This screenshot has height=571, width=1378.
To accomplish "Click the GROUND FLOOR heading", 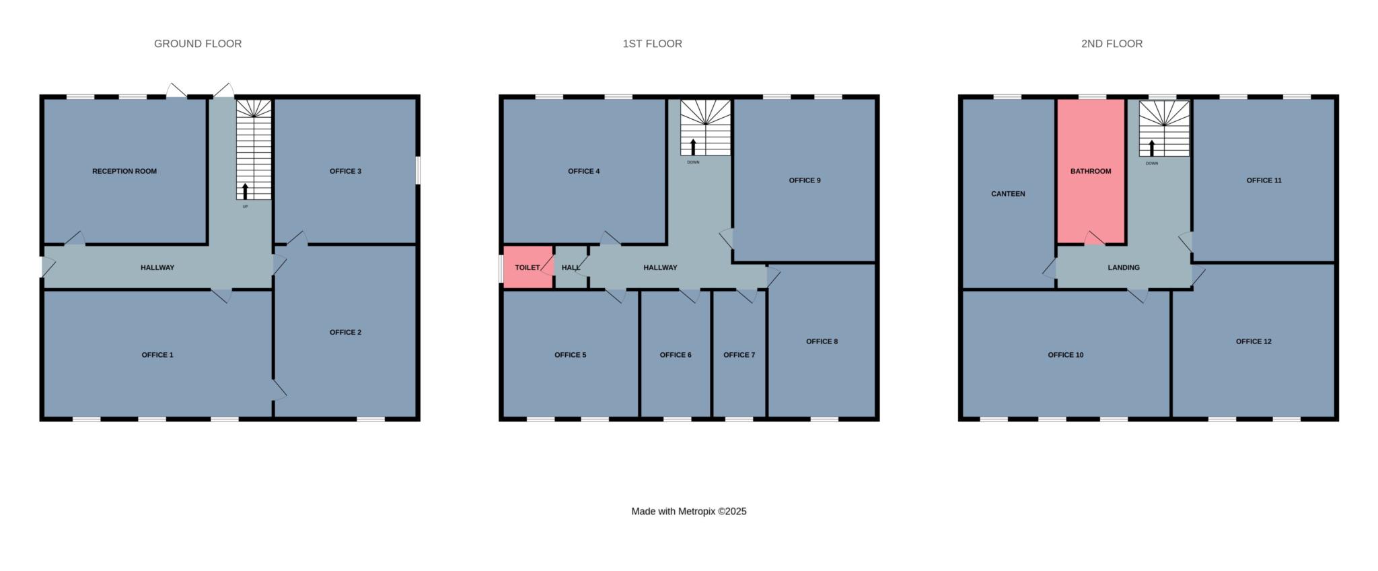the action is point(198,44).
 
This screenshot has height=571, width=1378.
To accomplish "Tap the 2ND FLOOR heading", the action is point(1112,44).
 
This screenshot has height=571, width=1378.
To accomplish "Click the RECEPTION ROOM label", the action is point(124,171).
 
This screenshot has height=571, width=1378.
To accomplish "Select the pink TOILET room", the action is point(528,267).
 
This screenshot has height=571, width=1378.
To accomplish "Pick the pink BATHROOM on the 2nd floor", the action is point(1091,171).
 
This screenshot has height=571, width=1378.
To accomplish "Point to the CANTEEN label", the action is point(1008,194).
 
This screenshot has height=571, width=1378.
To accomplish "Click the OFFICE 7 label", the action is point(739,355).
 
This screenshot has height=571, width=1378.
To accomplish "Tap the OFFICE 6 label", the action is point(676,355).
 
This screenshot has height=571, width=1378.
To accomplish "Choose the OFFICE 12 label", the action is point(1254,341).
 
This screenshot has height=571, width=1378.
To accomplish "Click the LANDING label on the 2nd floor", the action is point(1124,267).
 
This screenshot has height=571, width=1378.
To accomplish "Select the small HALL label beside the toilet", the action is point(571,267).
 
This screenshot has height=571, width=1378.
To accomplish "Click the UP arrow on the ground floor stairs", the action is point(245,191).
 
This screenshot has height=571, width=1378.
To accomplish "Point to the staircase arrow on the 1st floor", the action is point(693,147).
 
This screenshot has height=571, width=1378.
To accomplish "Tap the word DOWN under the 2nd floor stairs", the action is point(1152,164).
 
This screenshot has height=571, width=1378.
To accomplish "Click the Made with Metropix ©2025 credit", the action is point(689,512).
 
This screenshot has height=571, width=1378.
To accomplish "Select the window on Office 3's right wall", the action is point(418,170).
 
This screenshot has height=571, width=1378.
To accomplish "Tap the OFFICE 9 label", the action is point(805,180).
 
